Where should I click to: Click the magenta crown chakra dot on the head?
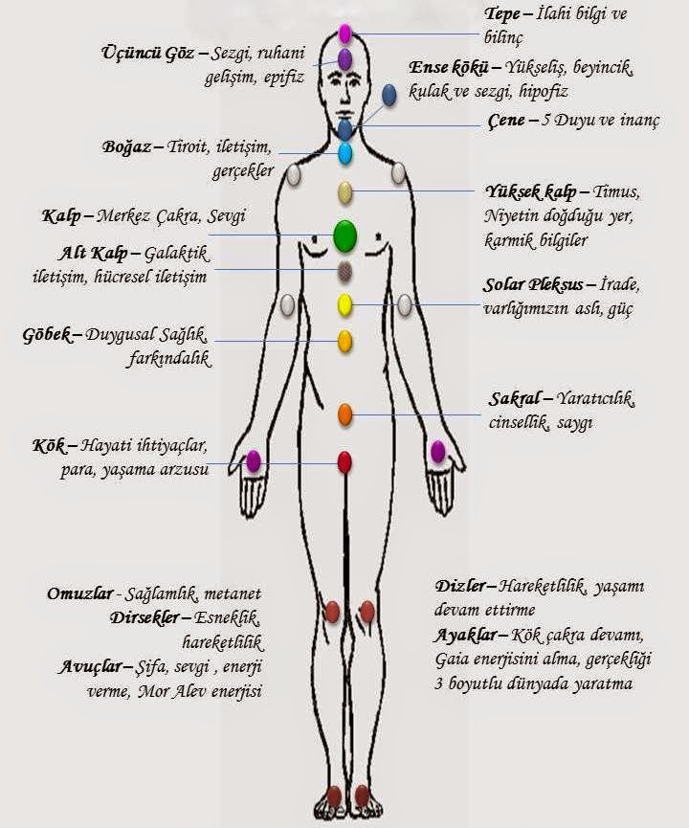pyautogui.click(x=345, y=34)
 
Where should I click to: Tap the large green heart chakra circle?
pyautogui.click(x=344, y=235)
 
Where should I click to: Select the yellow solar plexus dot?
pyautogui.click(x=345, y=305)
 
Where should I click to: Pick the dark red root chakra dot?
pyautogui.click(x=344, y=462)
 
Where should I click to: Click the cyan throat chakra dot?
pyautogui.click(x=345, y=152)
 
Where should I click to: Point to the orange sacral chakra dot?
pyautogui.click(x=345, y=414)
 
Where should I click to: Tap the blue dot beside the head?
pyautogui.click(x=389, y=94)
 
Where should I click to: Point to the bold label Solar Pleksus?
pyautogui.click(x=539, y=285)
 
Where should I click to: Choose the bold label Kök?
pyautogui.click(x=51, y=446)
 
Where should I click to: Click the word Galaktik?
pyautogui.click(x=181, y=254)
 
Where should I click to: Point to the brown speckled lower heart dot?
pyautogui.click(x=345, y=271)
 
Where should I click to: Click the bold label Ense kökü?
pyautogui.click(x=450, y=68)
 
